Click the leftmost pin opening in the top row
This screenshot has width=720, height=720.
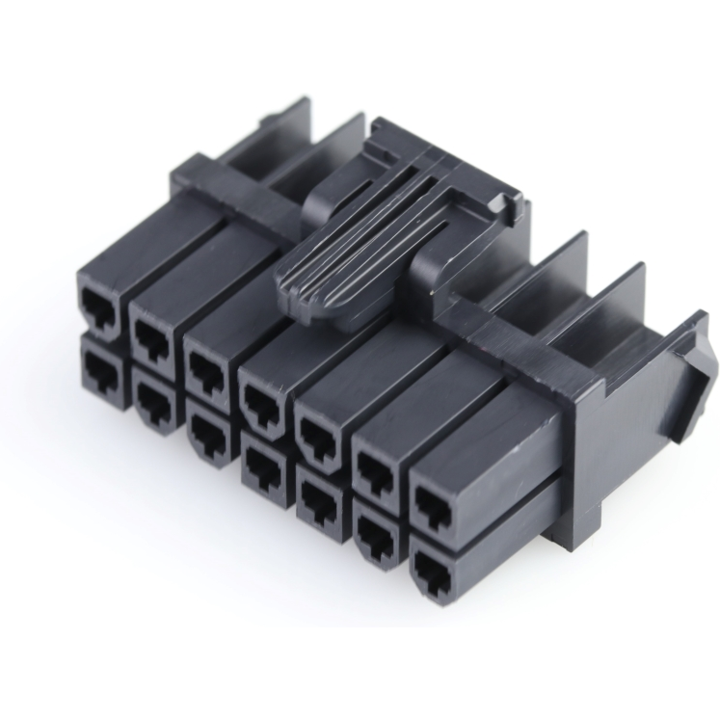click(100, 305)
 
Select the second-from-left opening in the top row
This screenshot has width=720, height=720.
click(152, 336)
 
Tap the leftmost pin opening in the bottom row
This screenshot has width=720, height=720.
click(100, 364)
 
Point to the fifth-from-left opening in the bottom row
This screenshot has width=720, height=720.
click(315, 500)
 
